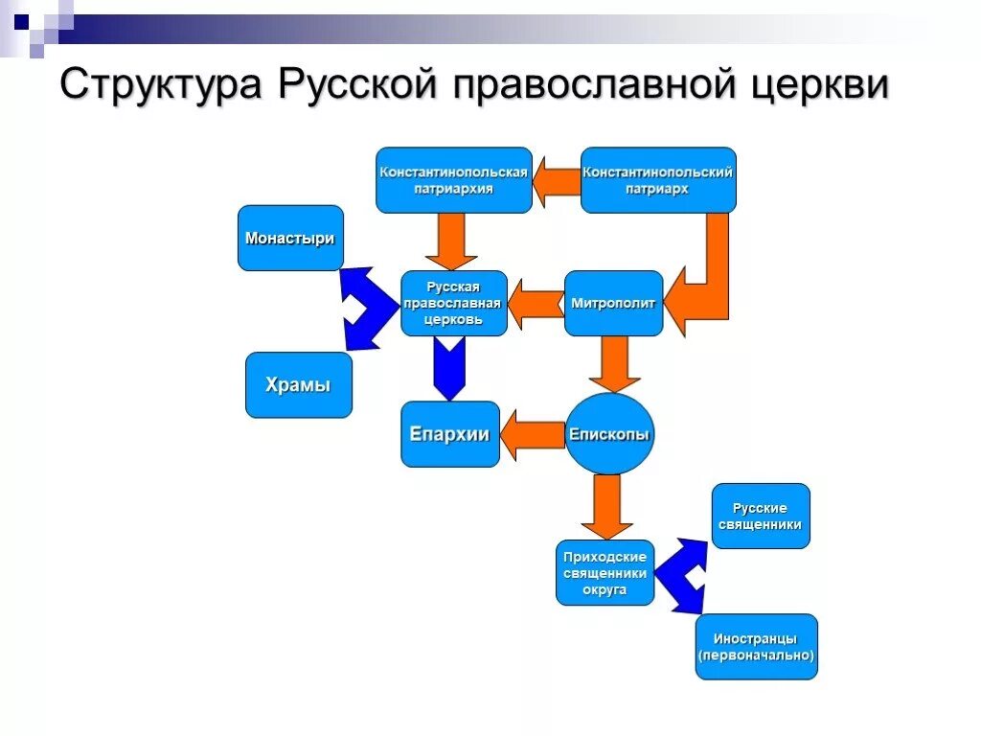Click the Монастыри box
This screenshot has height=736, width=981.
[x=290, y=238]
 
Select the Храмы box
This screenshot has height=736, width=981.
[x=298, y=385]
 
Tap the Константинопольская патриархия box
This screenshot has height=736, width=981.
[x=453, y=180]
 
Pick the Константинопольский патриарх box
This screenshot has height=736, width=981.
[x=658, y=180]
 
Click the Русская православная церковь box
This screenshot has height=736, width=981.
[x=454, y=303]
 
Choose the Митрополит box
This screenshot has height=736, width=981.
[x=613, y=303]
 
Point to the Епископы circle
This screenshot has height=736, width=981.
[x=609, y=434]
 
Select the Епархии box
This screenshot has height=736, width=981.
[x=449, y=434]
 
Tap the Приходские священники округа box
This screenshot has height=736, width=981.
[x=605, y=573]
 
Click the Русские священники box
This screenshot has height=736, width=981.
[x=761, y=517]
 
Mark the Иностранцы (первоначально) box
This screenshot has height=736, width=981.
[x=756, y=647]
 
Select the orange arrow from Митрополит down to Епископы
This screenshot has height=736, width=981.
[x=614, y=363]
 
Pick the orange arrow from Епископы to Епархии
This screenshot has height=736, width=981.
[x=533, y=434]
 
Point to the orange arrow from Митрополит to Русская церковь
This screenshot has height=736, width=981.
[x=536, y=303]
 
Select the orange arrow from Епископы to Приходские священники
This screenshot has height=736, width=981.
[x=605, y=506]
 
